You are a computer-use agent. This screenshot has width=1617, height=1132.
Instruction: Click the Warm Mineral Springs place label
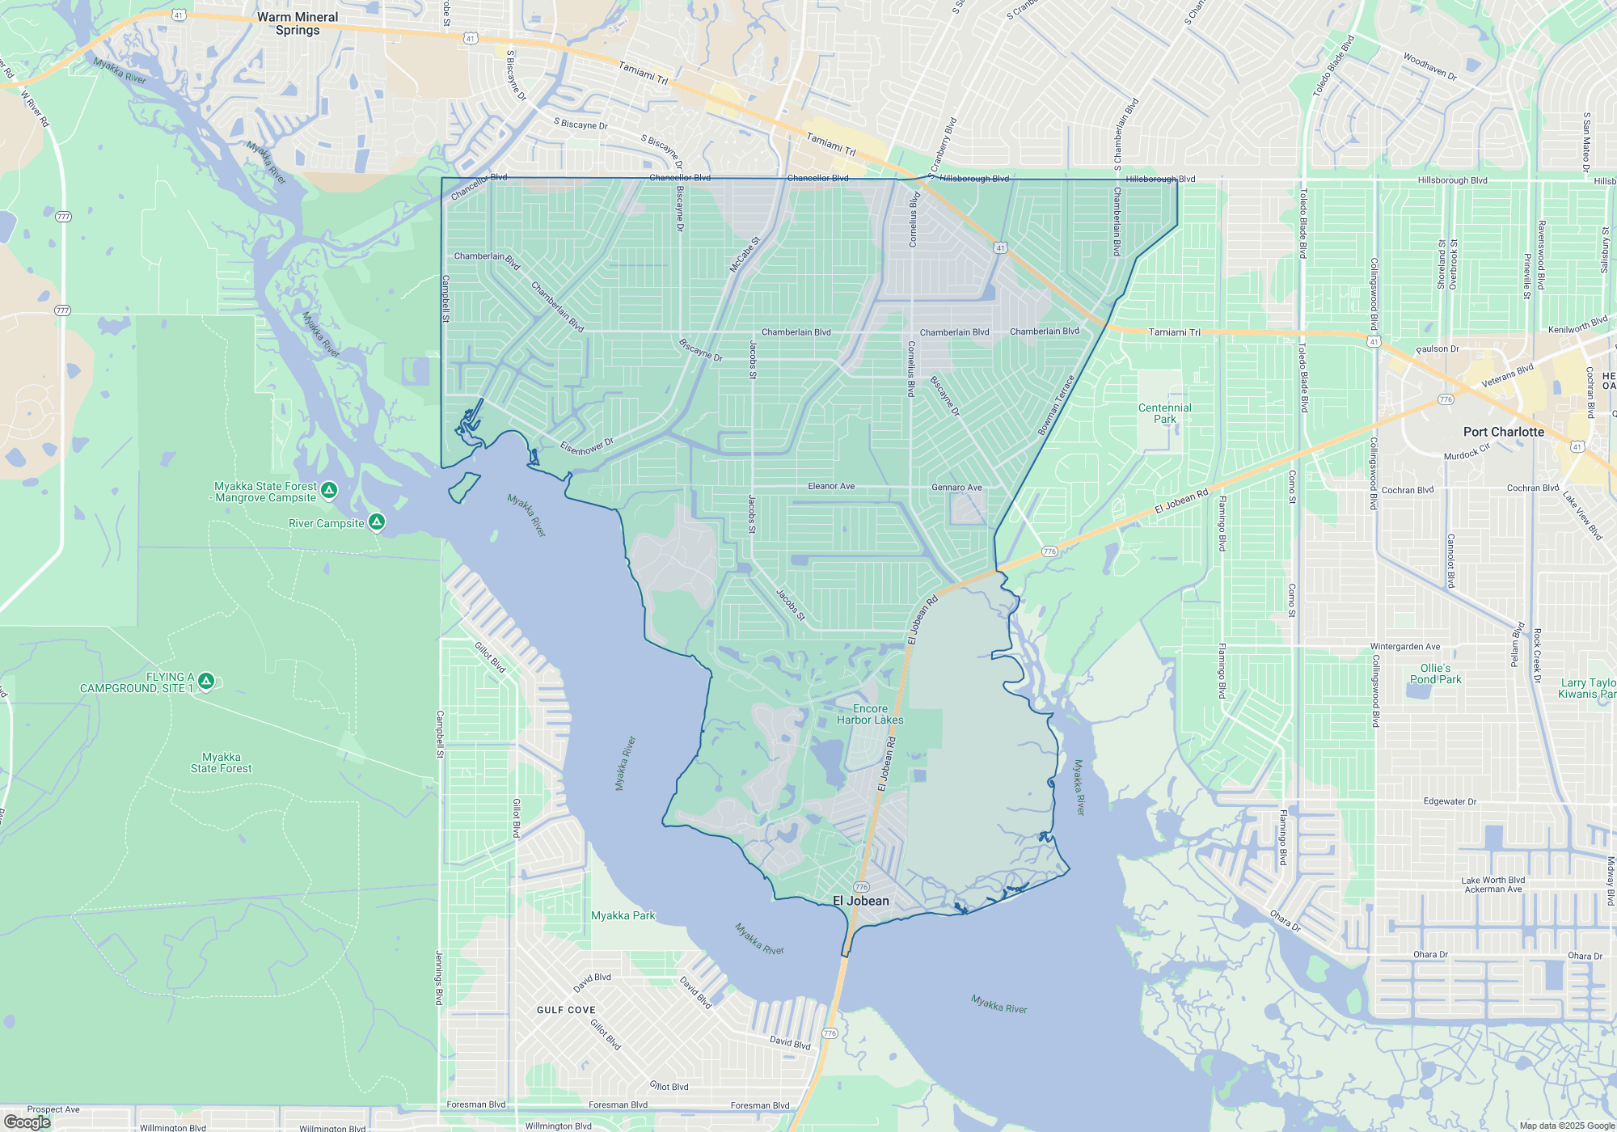pos(298,23)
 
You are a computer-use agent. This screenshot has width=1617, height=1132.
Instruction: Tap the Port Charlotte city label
pos(1503,432)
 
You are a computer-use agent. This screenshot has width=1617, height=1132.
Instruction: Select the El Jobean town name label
pos(860,901)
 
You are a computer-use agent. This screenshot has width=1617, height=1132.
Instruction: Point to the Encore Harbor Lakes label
pos(870,714)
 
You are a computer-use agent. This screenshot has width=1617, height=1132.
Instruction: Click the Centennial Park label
pos(1164,413)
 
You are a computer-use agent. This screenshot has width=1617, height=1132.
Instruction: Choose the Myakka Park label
pos(623,915)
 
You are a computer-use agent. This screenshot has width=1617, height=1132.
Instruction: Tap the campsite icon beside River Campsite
pos(377,522)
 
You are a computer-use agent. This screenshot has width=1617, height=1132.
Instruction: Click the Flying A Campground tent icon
pos(206,682)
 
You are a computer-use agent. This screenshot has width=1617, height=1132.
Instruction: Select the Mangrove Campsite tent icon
pos(329,490)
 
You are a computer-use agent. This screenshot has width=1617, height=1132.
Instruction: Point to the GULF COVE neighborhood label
pos(566,1010)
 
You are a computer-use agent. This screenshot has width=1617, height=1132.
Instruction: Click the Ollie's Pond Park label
pos(1435,674)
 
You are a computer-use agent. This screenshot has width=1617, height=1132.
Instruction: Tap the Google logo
pos(27,1122)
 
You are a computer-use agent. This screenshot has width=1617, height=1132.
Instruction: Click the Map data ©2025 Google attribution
pos(1566,1126)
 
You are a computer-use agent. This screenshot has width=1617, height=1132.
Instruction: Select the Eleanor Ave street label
pos(831,486)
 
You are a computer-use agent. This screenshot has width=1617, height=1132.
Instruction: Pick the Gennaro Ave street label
pos(956,488)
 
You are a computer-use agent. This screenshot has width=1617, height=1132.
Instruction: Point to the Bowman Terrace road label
pos(1056,405)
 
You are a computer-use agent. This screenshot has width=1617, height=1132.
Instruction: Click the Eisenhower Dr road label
pos(587,446)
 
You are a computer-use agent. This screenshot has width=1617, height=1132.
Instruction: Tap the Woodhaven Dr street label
pos(1429,66)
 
